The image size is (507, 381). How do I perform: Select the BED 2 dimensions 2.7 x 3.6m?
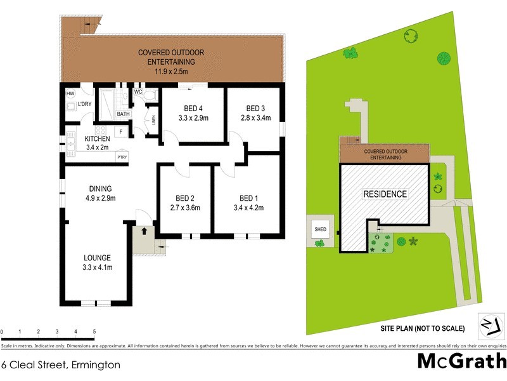point(184,208)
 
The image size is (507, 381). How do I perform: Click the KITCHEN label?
point(98,138)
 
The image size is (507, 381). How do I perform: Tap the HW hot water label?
point(70,94)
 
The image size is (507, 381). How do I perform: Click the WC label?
point(138,92)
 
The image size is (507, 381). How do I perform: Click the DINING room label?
point(101,189)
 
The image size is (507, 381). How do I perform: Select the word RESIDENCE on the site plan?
point(385,194)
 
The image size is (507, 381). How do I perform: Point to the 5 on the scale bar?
point(94,332)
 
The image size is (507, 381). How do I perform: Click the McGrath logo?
point(461,361)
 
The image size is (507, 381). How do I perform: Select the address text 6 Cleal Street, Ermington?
point(61,365)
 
